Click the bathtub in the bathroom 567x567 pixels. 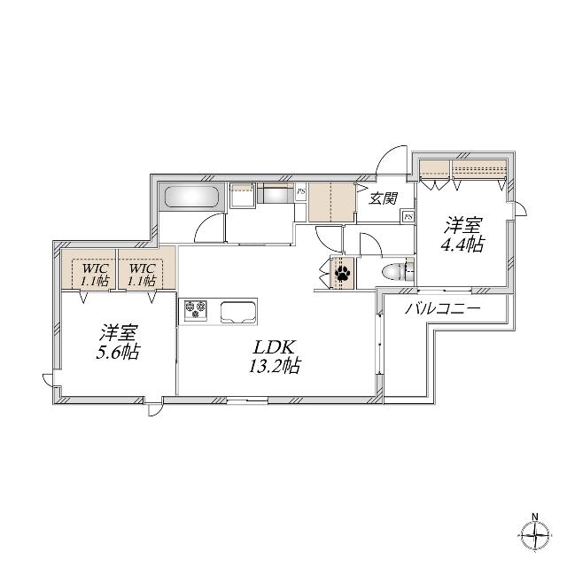pyautogui.click(x=192, y=197)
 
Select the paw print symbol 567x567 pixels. pyautogui.click(x=342, y=273)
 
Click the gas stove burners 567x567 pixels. pyautogui.click(x=196, y=310)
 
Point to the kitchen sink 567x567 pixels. pyautogui.click(x=239, y=312)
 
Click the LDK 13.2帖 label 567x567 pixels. pyautogui.click(x=274, y=356)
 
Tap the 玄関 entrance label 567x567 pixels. pyautogui.click(x=384, y=198)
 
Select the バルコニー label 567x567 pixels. pyautogui.click(x=443, y=308)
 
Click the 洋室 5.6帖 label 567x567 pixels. pyautogui.click(x=118, y=342)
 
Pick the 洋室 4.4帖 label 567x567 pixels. pyautogui.click(x=462, y=234)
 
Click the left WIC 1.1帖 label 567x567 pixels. pyautogui.click(x=95, y=275)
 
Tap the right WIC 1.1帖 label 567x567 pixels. pyautogui.click(x=142, y=275)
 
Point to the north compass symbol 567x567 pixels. pyautogui.click(x=535, y=534)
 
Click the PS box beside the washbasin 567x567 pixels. pyautogui.click(x=300, y=191)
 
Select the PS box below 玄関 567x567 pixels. pyautogui.click(x=408, y=216)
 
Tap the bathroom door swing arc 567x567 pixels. pyautogui.click(x=206, y=222)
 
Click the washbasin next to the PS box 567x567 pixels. pyautogui.click(x=277, y=195)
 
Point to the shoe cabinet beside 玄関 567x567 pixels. pyautogui.click(x=331, y=202)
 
